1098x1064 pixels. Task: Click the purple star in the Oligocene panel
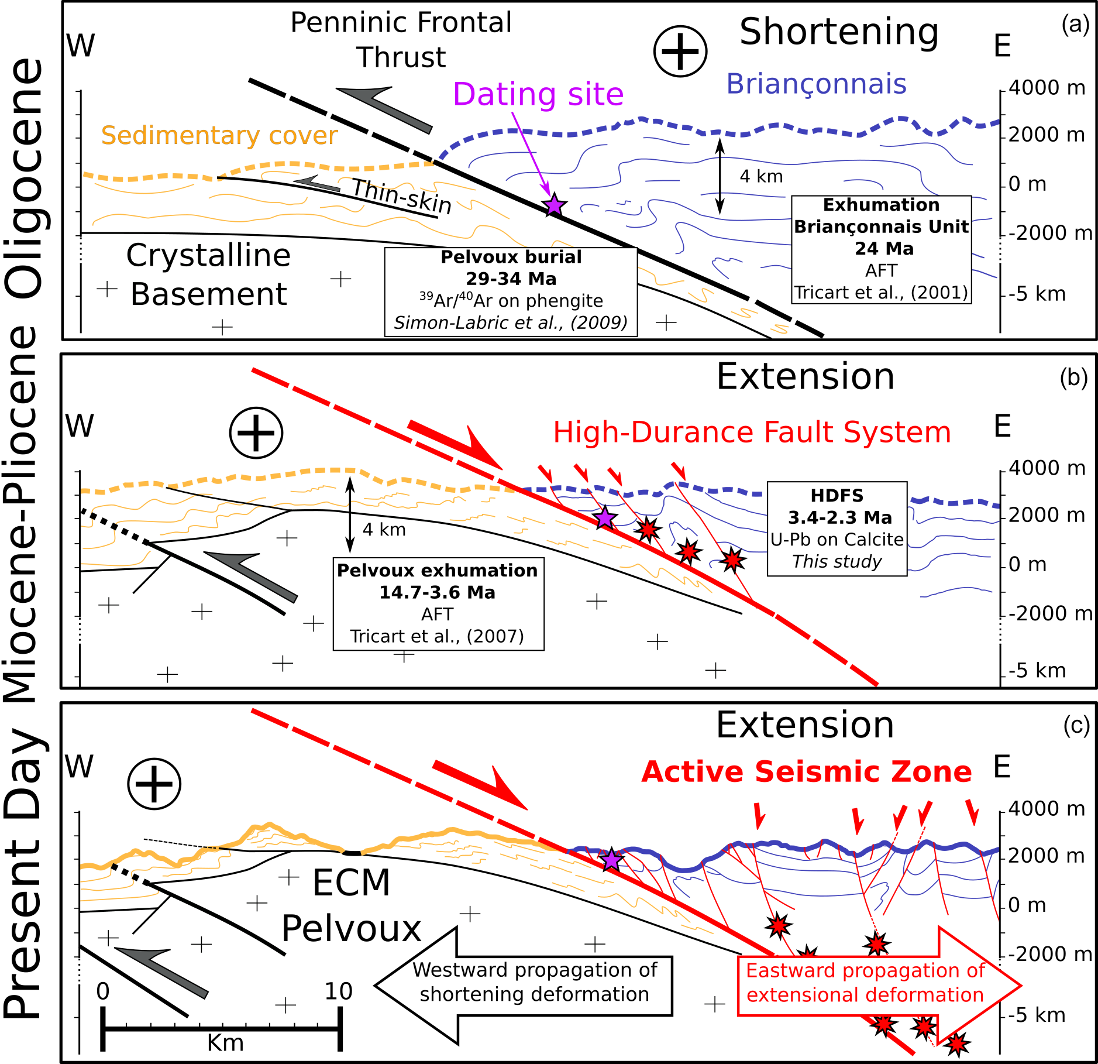coord(553,206)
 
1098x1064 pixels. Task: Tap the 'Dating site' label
coord(538,94)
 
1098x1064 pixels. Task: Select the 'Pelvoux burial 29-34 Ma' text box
coord(511,291)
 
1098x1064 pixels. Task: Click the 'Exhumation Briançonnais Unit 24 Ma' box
coord(881,249)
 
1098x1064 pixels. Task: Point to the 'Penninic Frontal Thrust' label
coord(401,40)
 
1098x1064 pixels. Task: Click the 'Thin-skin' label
coord(402,196)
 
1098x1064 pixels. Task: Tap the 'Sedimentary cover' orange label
coord(219,135)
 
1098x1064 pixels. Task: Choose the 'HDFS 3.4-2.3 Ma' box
coord(837,528)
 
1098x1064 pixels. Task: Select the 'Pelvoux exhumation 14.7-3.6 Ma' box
coord(438,603)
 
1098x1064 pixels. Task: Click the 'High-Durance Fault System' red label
coord(752,433)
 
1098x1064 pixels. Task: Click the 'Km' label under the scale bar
coord(225,1043)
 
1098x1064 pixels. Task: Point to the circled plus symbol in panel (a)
coord(680,51)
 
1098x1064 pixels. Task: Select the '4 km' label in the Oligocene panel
coord(761,176)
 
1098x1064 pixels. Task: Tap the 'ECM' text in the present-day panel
coord(351,883)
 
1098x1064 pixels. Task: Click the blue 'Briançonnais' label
coord(816,84)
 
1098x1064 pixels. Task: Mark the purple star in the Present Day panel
coord(611,860)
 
